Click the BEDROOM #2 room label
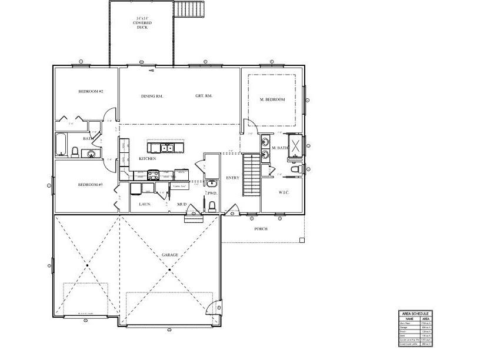[x=91, y=91]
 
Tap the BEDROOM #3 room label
[x=91, y=185]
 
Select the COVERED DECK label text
[x=141, y=23]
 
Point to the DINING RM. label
[x=151, y=96]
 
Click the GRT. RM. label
[x=204, y=96]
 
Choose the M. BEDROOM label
[x=272, y=99]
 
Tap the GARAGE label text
[x=170, y=255]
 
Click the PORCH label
[x=261, y=229]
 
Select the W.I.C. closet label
[x=282, y=192]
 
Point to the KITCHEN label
[x=147, y=159]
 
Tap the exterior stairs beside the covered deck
[x=189, y=9]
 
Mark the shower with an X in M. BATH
[x=296, y=145]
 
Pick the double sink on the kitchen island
[x=167, y=148]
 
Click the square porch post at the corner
[x=302, y=240]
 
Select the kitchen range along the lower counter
[x=154, y=174]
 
